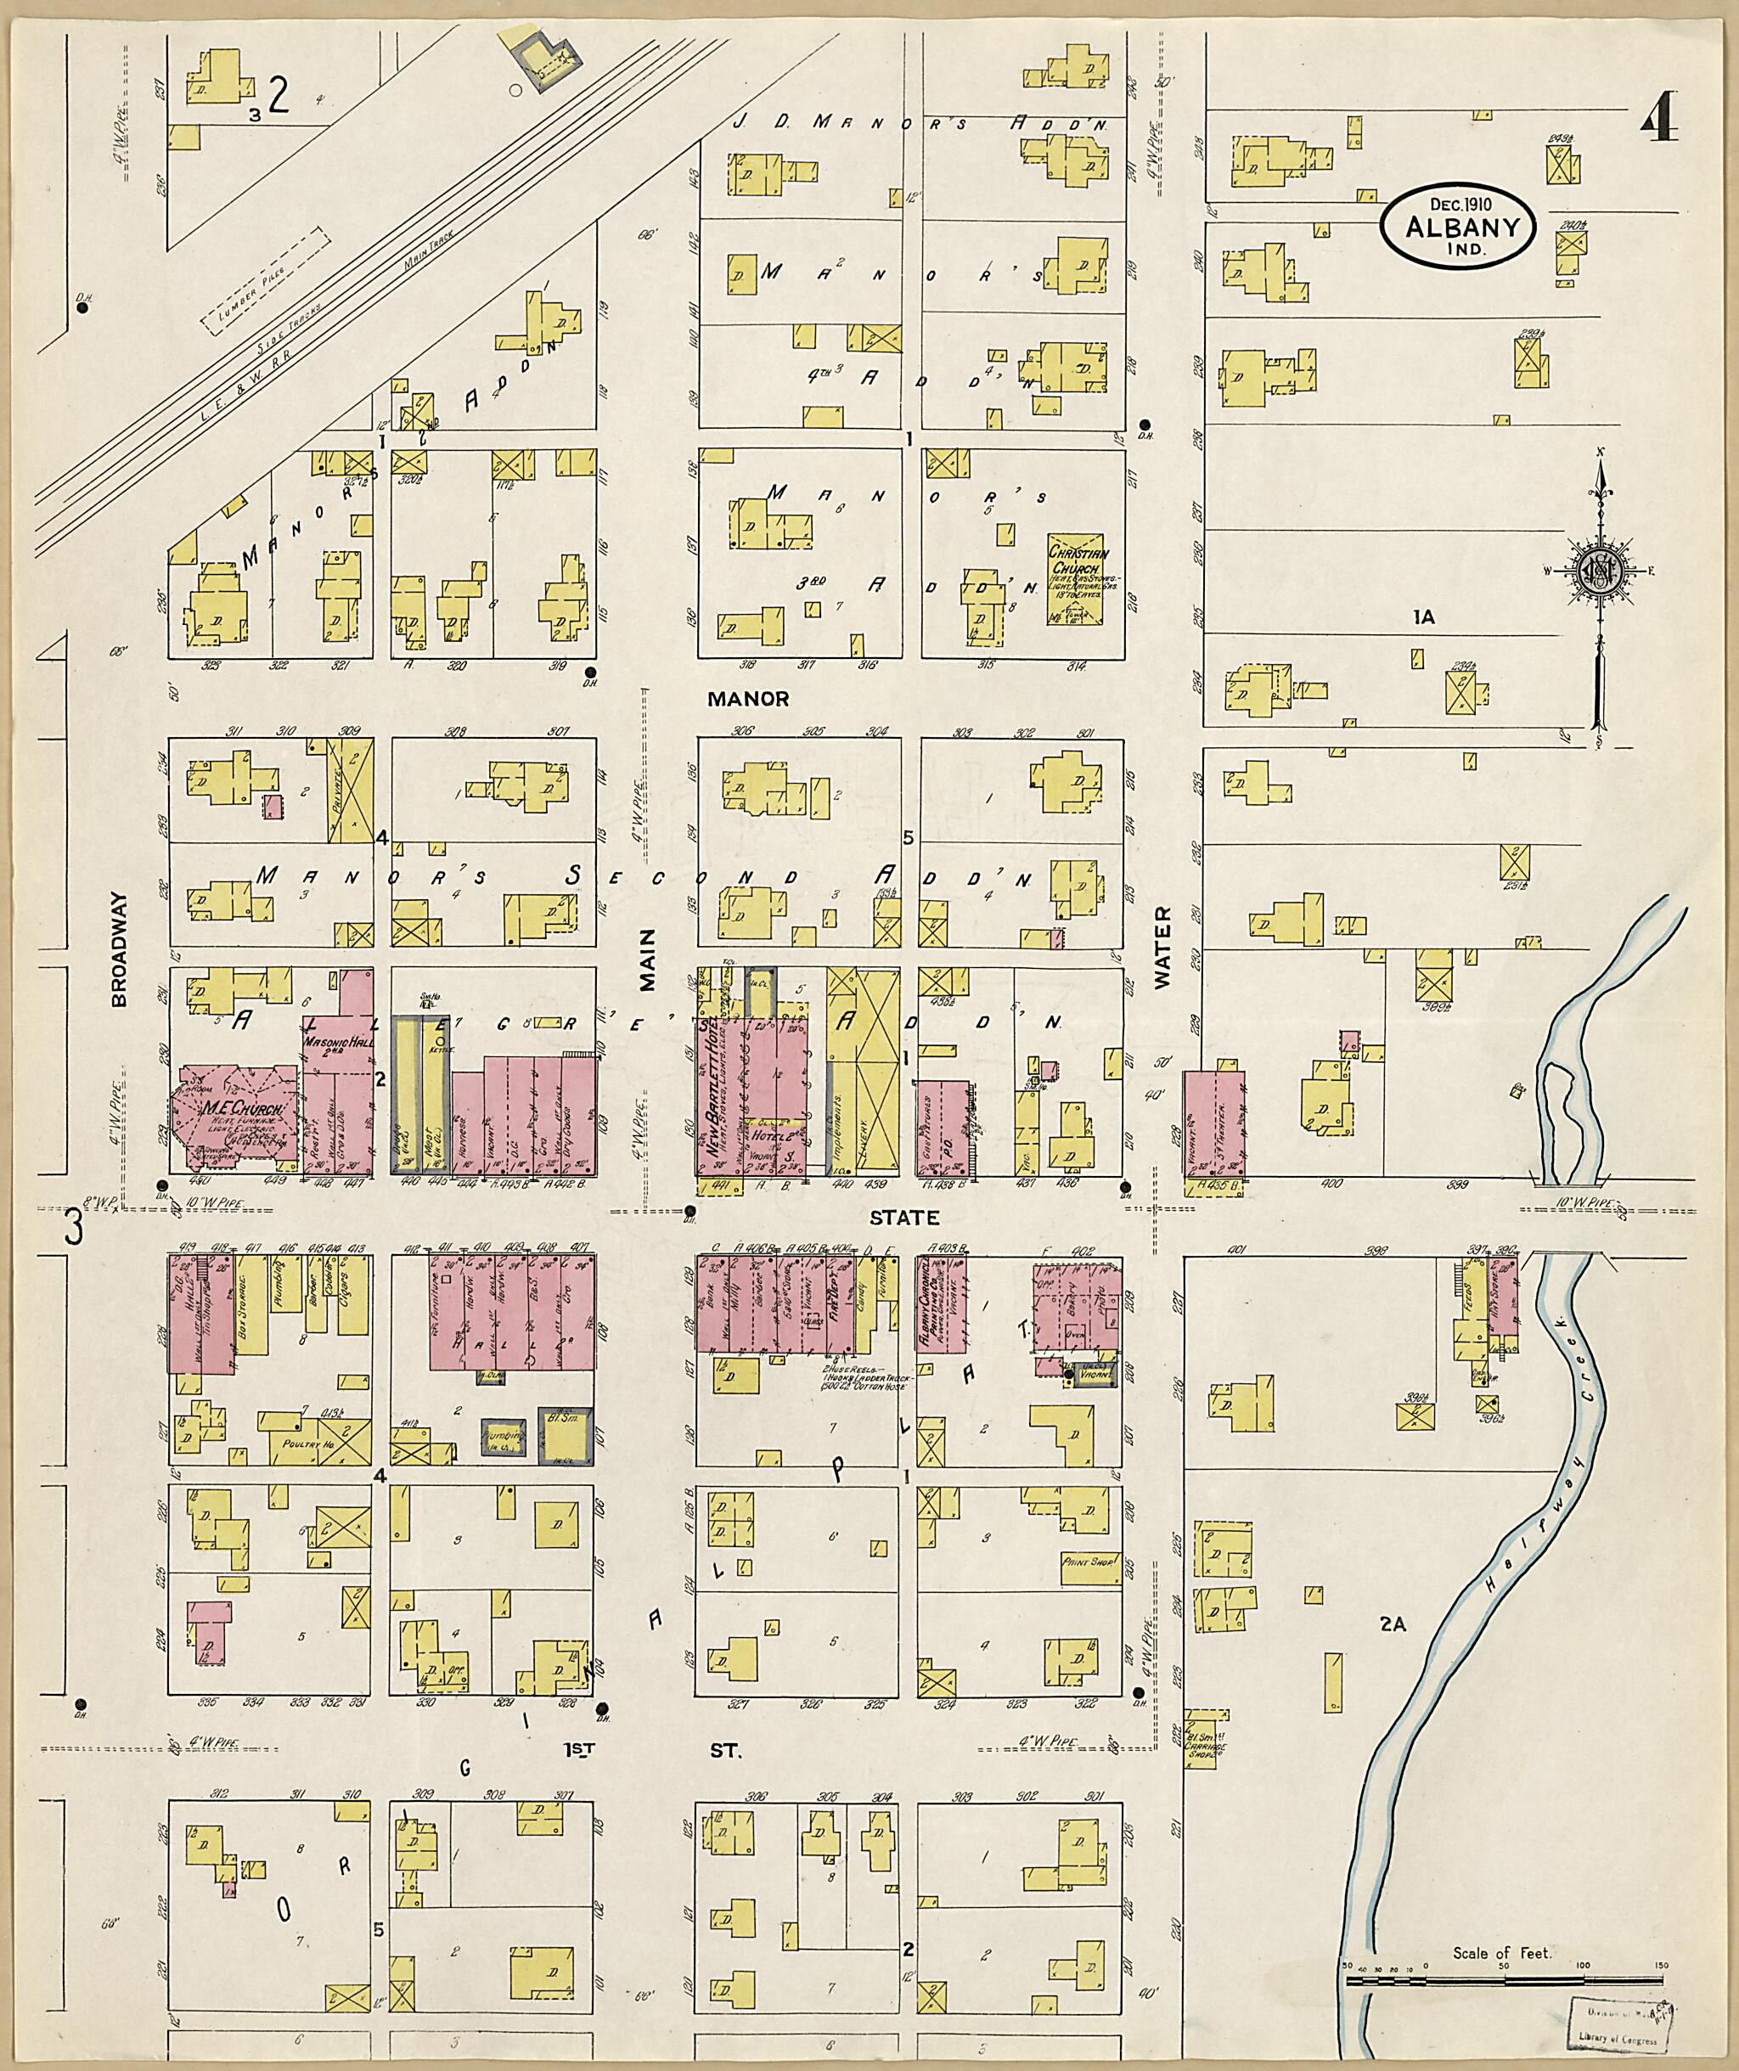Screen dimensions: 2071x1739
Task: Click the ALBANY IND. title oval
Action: pyautogui.click(x=1458, y=226)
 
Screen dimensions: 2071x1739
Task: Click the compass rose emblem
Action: pyautogui.click(x=1596, y=570)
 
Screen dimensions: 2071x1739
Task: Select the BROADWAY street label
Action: pyautogui.click(x=120, y=949)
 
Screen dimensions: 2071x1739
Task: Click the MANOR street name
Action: pyautogui.click(x=748, y=698)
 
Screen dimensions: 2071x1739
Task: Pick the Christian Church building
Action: pyautogui.click(x=1075, y=580)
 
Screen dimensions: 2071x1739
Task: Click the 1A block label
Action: pyautogui.click(x=1422, y=617)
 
